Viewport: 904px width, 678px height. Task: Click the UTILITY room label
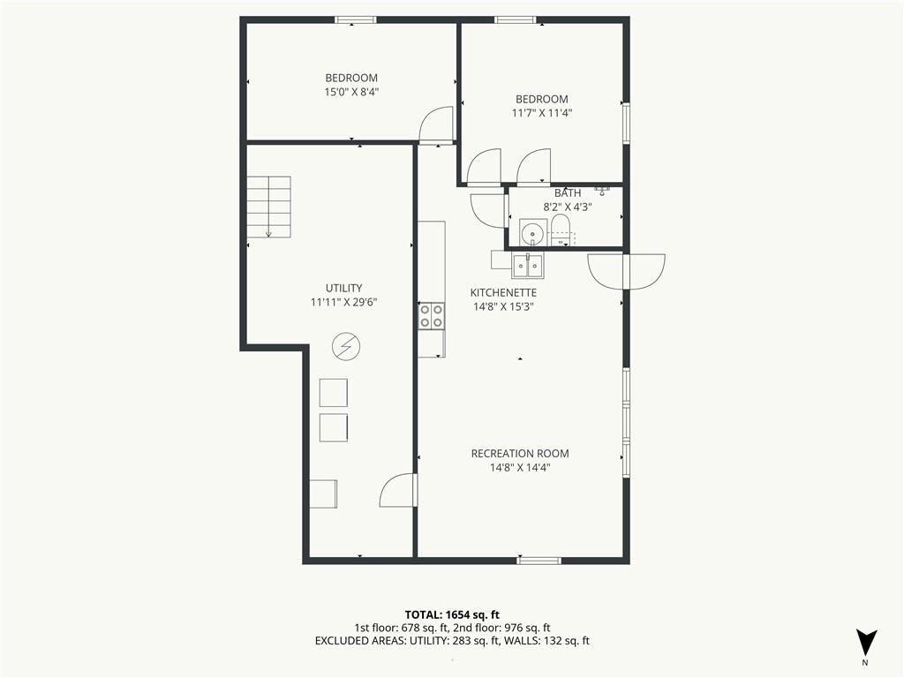click(343, 288)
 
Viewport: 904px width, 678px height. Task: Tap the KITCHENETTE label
click(503, 292)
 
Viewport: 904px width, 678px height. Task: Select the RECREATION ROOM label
click(520, 454)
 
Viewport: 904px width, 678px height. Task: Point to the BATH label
click(568, 193)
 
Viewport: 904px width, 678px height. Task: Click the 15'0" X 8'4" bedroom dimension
click(351, 92)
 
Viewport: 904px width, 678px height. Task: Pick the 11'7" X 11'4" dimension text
click(542, 113)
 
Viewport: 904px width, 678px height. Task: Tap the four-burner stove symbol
click(431, 317)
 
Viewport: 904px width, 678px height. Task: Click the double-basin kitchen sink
click(528, 266)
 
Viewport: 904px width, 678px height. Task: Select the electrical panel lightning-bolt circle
click(346, 346)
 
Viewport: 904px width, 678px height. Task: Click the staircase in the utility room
click(269, 207)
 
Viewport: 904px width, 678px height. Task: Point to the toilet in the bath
click(560, 230)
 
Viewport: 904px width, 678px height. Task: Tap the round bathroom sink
click(531, 233)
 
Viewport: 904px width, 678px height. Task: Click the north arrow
click(866, 643)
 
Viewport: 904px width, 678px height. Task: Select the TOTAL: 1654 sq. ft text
click(452, 614)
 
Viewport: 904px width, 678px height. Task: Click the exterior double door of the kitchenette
click(626, 271)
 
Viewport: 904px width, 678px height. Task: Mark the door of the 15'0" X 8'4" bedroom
click(436, 124)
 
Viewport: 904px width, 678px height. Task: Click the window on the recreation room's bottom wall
click(539, 560)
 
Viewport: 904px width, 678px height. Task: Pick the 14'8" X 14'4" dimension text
click(520, 468)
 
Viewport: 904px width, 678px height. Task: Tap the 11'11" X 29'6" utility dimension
click(343, 302)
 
